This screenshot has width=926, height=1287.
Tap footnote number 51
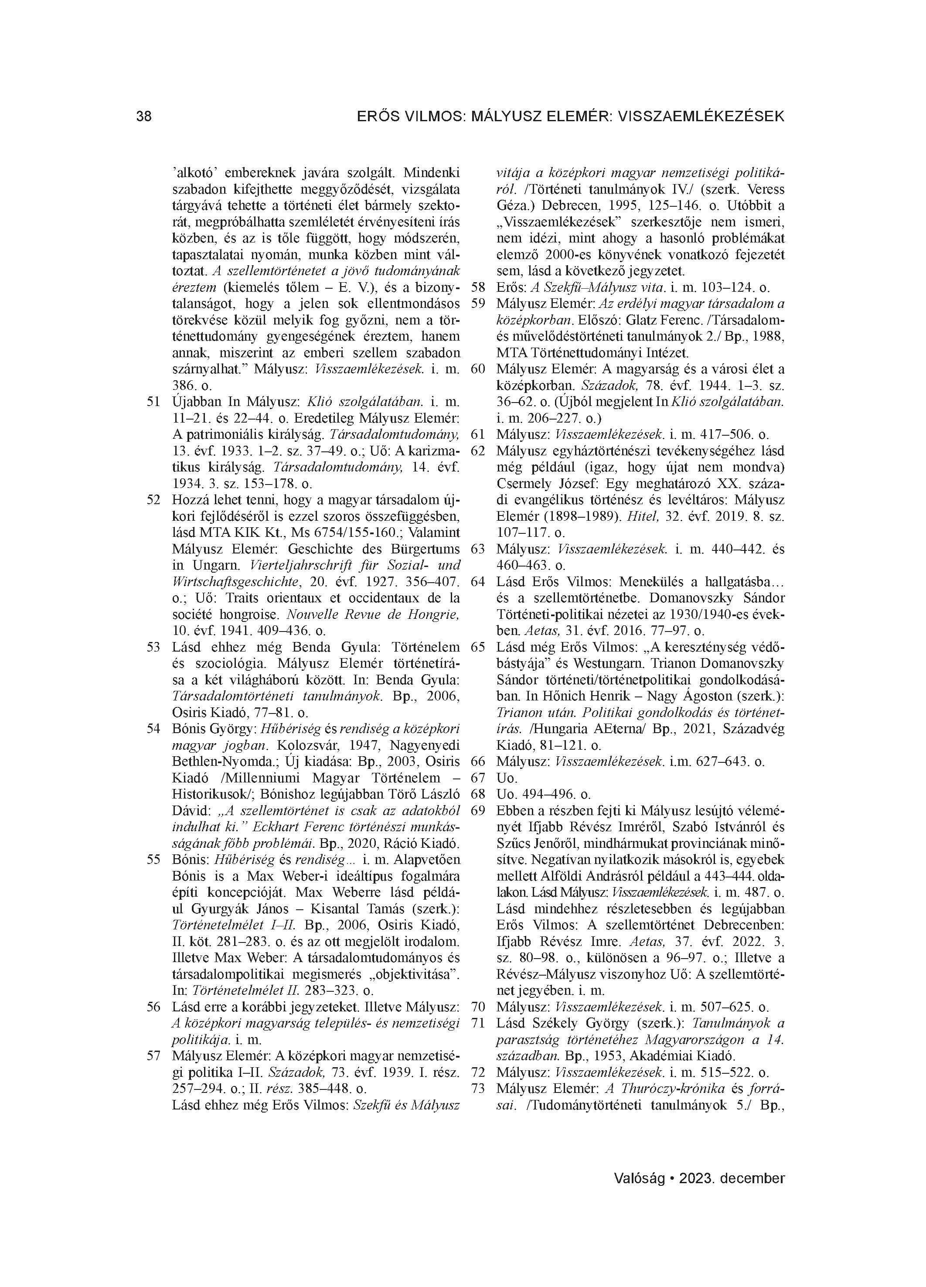click(153, 403)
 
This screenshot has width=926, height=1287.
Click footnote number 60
click(478, 369)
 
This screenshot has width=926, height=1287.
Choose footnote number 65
click(478, 648)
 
